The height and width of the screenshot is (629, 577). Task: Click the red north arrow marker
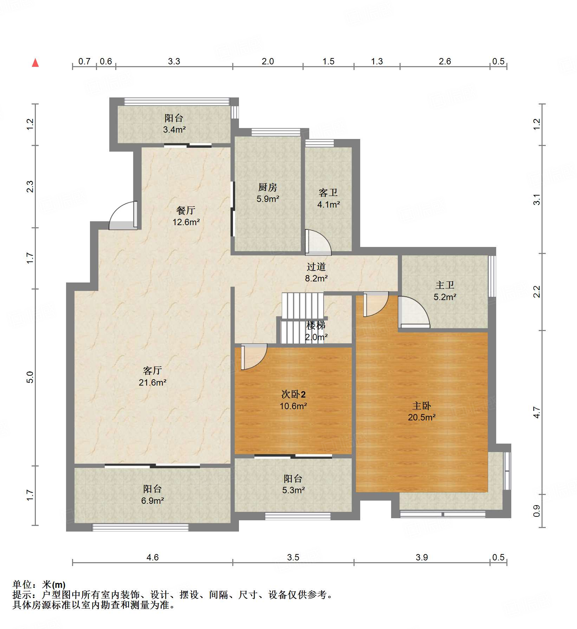click(x=35, y=63)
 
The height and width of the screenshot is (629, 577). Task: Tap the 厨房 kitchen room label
click(x=268, y=187)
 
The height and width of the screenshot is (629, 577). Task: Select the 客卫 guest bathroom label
click(x=328, y=192)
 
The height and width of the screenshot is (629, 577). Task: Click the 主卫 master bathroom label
click(x=445, y=285)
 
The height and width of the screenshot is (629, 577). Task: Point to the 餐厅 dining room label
click(x=186, y=210)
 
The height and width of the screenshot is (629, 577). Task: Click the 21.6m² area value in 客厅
click(x=153, y=382)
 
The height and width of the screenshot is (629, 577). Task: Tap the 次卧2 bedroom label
click(x=293, y=394)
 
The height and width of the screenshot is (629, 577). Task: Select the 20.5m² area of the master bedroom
click(x=422, y=417)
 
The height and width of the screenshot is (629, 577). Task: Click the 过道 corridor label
click(x=316, y=267)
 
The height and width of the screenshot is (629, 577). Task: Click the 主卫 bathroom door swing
click(x=413, y=311)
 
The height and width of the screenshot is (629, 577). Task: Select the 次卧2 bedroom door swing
click(x=254, y=357)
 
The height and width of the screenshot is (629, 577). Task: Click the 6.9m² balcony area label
click(x=153, y=501)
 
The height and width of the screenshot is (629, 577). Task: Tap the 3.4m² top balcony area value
click(x=174, y=129)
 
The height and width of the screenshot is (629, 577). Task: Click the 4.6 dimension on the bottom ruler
click(x=153, y=557)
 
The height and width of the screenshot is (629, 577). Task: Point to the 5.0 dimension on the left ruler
click(x=30, y=377)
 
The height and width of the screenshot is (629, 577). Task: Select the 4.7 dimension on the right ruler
click(x=537, y=412)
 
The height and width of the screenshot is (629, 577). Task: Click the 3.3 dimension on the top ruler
click(x=174, y=62)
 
